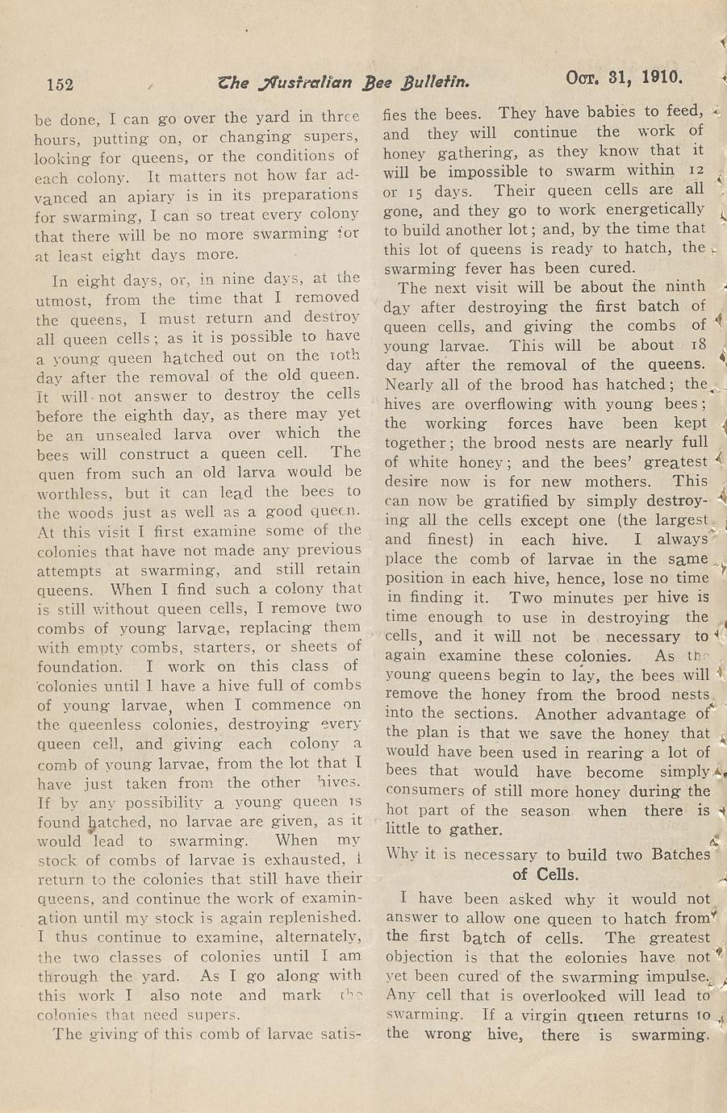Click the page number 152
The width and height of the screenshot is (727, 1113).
61,85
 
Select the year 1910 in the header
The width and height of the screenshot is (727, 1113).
662,78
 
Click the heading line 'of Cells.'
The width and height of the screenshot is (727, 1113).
545,874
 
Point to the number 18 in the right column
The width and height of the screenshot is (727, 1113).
699,345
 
